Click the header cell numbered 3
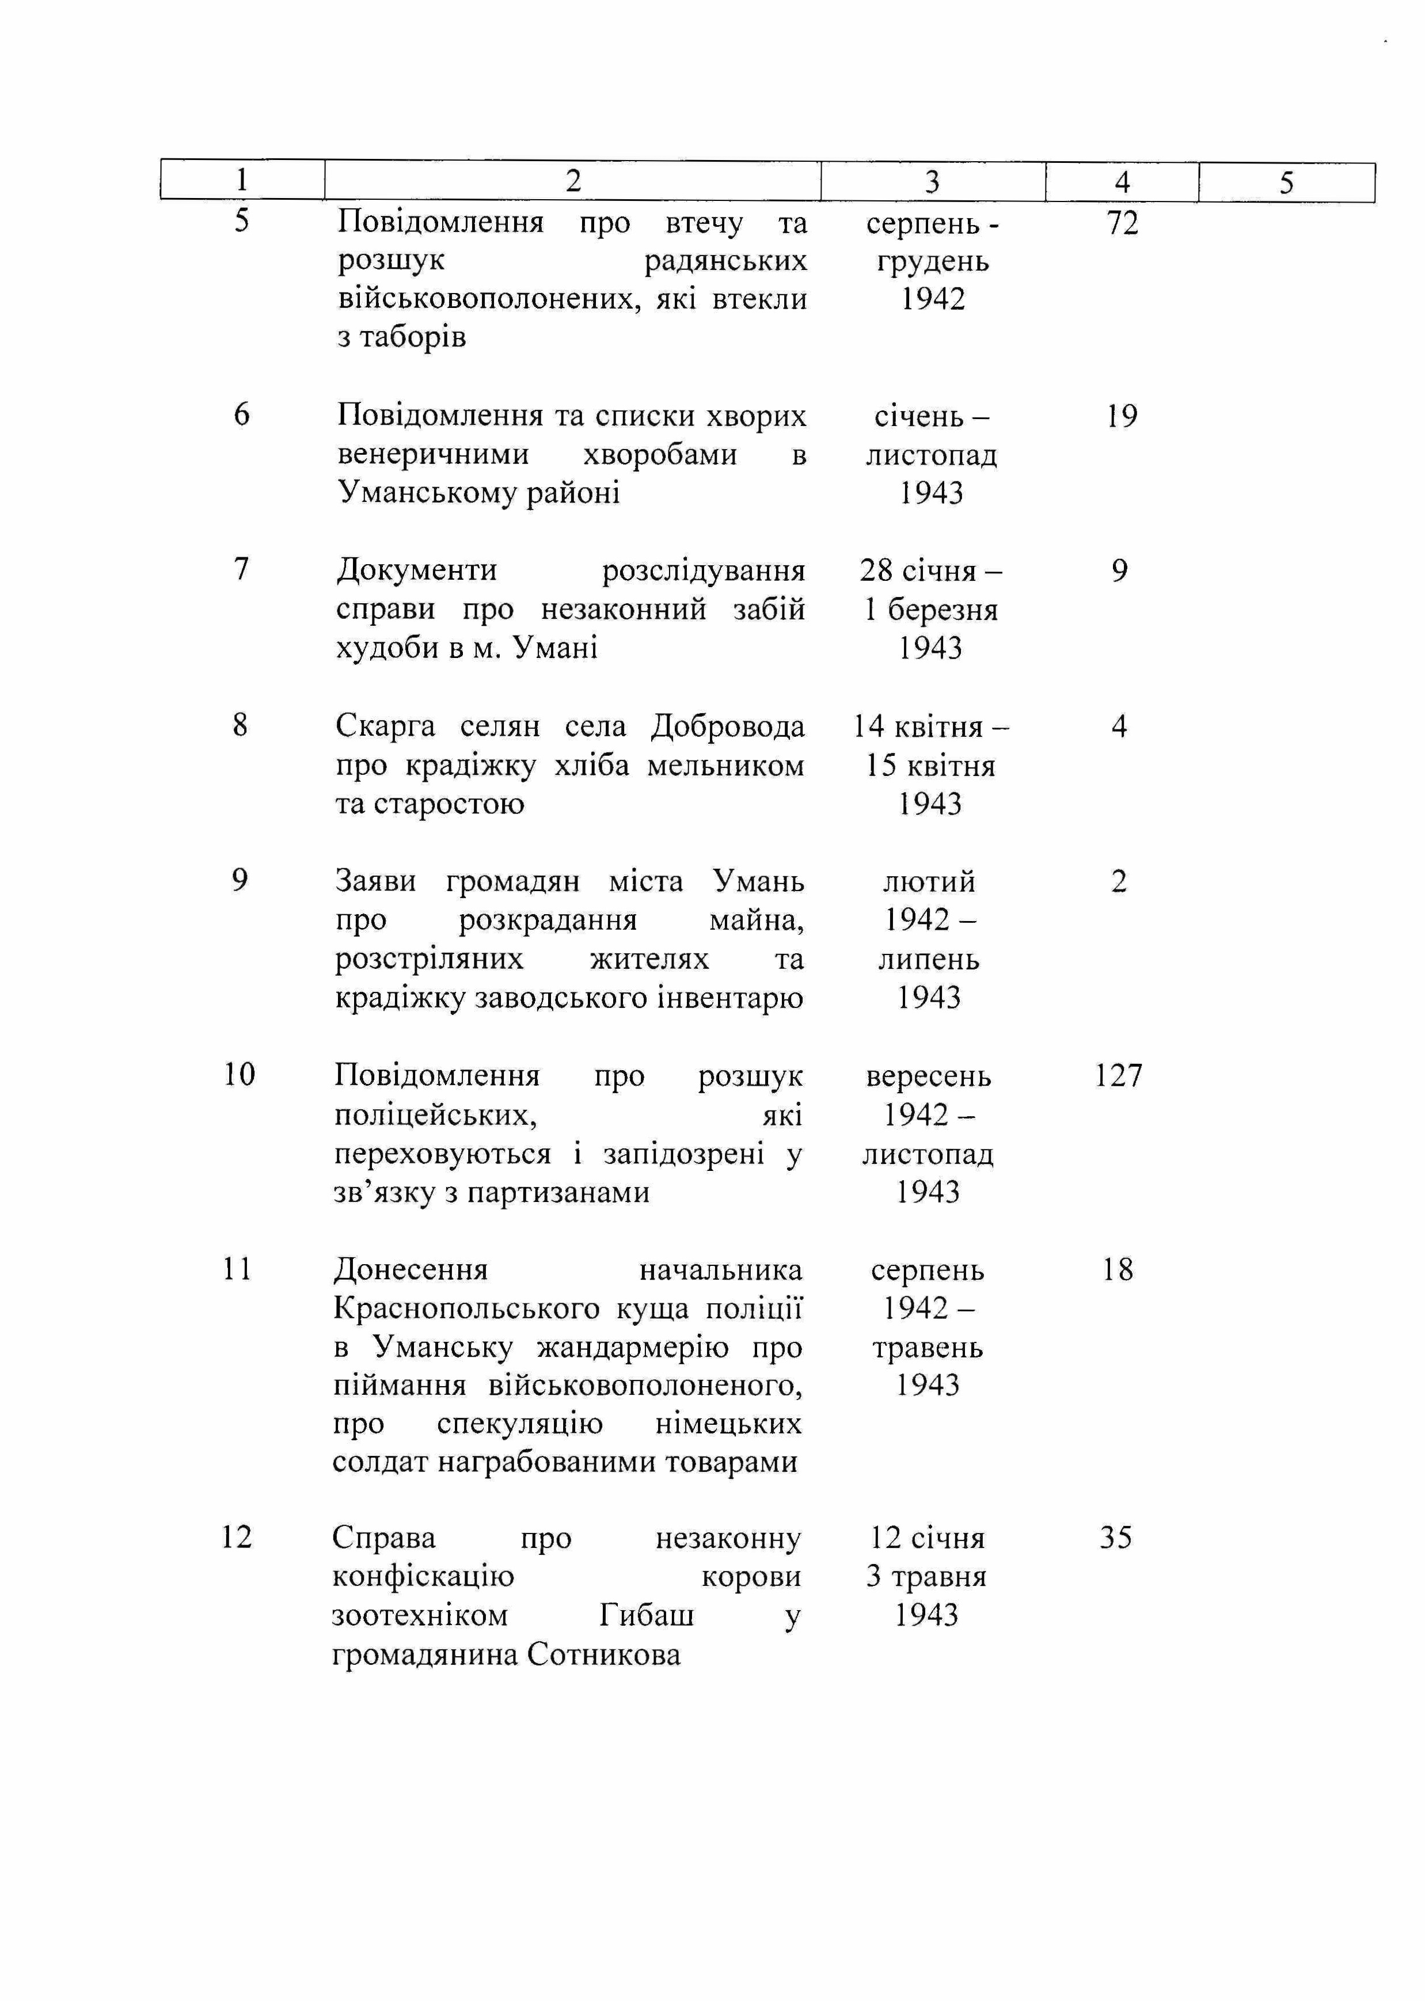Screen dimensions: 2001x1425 click(x=932, y=181)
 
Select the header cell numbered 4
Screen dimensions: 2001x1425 click(x=1122, y=181)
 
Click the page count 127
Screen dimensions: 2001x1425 click(x=1119, y=1075)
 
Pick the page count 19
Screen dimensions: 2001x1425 click(x=1122, y=416)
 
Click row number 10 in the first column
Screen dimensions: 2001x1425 click(x=239, y=1074)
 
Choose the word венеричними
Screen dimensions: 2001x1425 click(x=434, y=454)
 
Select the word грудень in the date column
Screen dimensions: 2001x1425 click(x=933, y=261)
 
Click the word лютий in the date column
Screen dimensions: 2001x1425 click(x=929, y=882)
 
